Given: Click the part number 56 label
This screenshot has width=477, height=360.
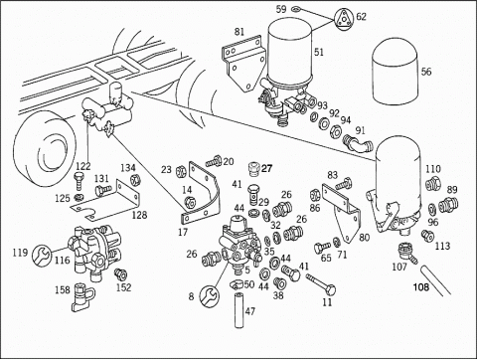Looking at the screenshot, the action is (426, 72).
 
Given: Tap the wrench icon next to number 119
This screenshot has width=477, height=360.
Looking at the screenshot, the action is (42, 255).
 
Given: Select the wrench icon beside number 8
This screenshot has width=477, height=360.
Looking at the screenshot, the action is (209, 295).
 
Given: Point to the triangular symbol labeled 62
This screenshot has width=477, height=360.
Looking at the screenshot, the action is (344, 19).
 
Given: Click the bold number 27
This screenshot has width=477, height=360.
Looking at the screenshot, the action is (266, 169).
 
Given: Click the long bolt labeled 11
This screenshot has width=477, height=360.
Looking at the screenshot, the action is (321, 284).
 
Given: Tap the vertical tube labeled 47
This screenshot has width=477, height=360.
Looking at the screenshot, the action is (239, 310).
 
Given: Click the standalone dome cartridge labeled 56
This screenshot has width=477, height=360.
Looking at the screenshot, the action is (396, 73).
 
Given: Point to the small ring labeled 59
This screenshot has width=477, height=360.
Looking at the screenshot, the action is (296, 8).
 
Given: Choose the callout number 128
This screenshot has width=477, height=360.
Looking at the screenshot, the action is (139, 215).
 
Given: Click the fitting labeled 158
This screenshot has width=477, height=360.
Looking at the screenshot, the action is (82, 297).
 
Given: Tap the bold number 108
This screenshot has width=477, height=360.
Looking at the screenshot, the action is (421, 286).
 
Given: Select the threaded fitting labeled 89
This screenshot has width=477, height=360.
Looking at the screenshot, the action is (448, 205).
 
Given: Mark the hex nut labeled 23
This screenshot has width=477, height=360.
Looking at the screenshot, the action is (180, 171).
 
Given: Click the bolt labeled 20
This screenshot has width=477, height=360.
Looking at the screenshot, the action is (214, 161).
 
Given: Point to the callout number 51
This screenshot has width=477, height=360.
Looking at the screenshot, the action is (319, 52).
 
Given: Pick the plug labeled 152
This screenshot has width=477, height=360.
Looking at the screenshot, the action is (120, 273).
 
